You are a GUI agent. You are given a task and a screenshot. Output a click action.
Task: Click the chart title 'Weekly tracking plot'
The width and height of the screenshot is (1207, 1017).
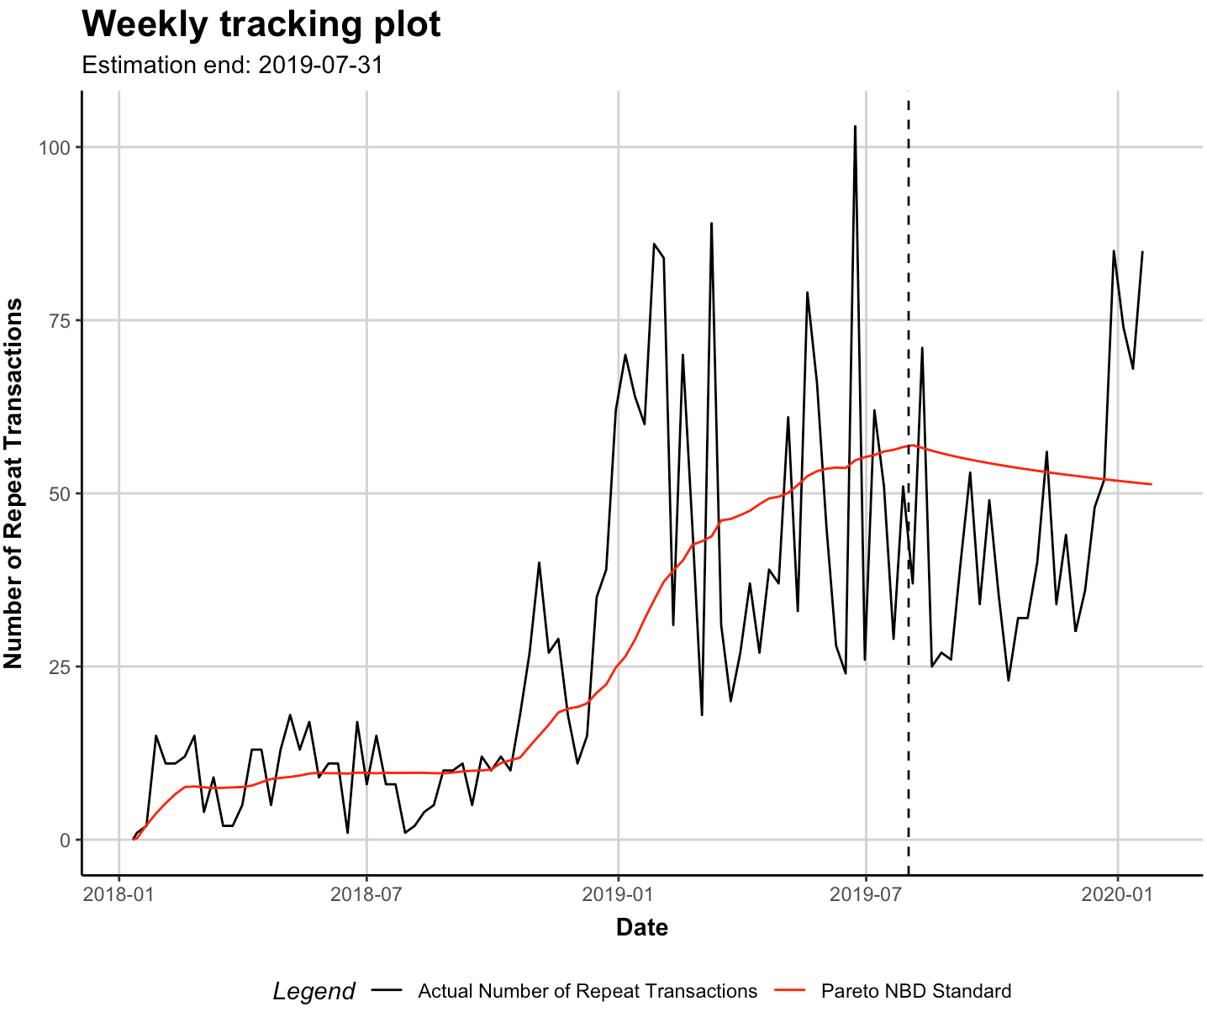click(x=261, y=25)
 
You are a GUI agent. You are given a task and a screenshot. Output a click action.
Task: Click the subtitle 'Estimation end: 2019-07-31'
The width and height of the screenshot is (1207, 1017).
click(x=232, y=66)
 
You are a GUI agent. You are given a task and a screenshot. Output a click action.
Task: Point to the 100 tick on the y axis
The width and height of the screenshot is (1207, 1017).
click(x=56, y=148)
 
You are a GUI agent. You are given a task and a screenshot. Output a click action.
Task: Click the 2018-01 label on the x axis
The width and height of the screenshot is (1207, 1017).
click(x=119, y=893)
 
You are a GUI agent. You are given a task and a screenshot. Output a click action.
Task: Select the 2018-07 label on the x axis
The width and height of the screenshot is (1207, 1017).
click(x=366, y=893)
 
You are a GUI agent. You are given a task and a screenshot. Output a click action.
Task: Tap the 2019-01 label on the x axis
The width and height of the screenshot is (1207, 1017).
click(x=618, y=893)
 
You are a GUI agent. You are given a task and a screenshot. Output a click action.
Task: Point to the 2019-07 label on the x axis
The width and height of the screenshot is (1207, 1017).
click(x=866, y=893)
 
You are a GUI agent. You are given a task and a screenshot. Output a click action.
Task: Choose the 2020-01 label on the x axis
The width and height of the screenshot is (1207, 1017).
click(x=1117, y=893)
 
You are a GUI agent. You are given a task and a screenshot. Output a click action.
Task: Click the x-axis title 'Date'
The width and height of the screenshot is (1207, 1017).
click(x=642, y=927)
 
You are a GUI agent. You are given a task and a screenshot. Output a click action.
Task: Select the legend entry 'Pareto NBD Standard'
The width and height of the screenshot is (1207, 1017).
click(x=916, y=992)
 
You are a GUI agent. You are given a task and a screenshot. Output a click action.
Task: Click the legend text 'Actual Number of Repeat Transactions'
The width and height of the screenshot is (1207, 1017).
click(x=588, y=992)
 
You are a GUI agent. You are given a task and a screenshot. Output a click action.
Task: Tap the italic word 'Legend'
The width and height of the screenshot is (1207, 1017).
click(x=314, y=992)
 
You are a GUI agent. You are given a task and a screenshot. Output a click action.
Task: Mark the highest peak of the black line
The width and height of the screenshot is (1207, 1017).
click(x=855, y=127)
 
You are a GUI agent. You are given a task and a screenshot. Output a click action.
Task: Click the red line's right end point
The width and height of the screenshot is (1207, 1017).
click(x=1151, y=484)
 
